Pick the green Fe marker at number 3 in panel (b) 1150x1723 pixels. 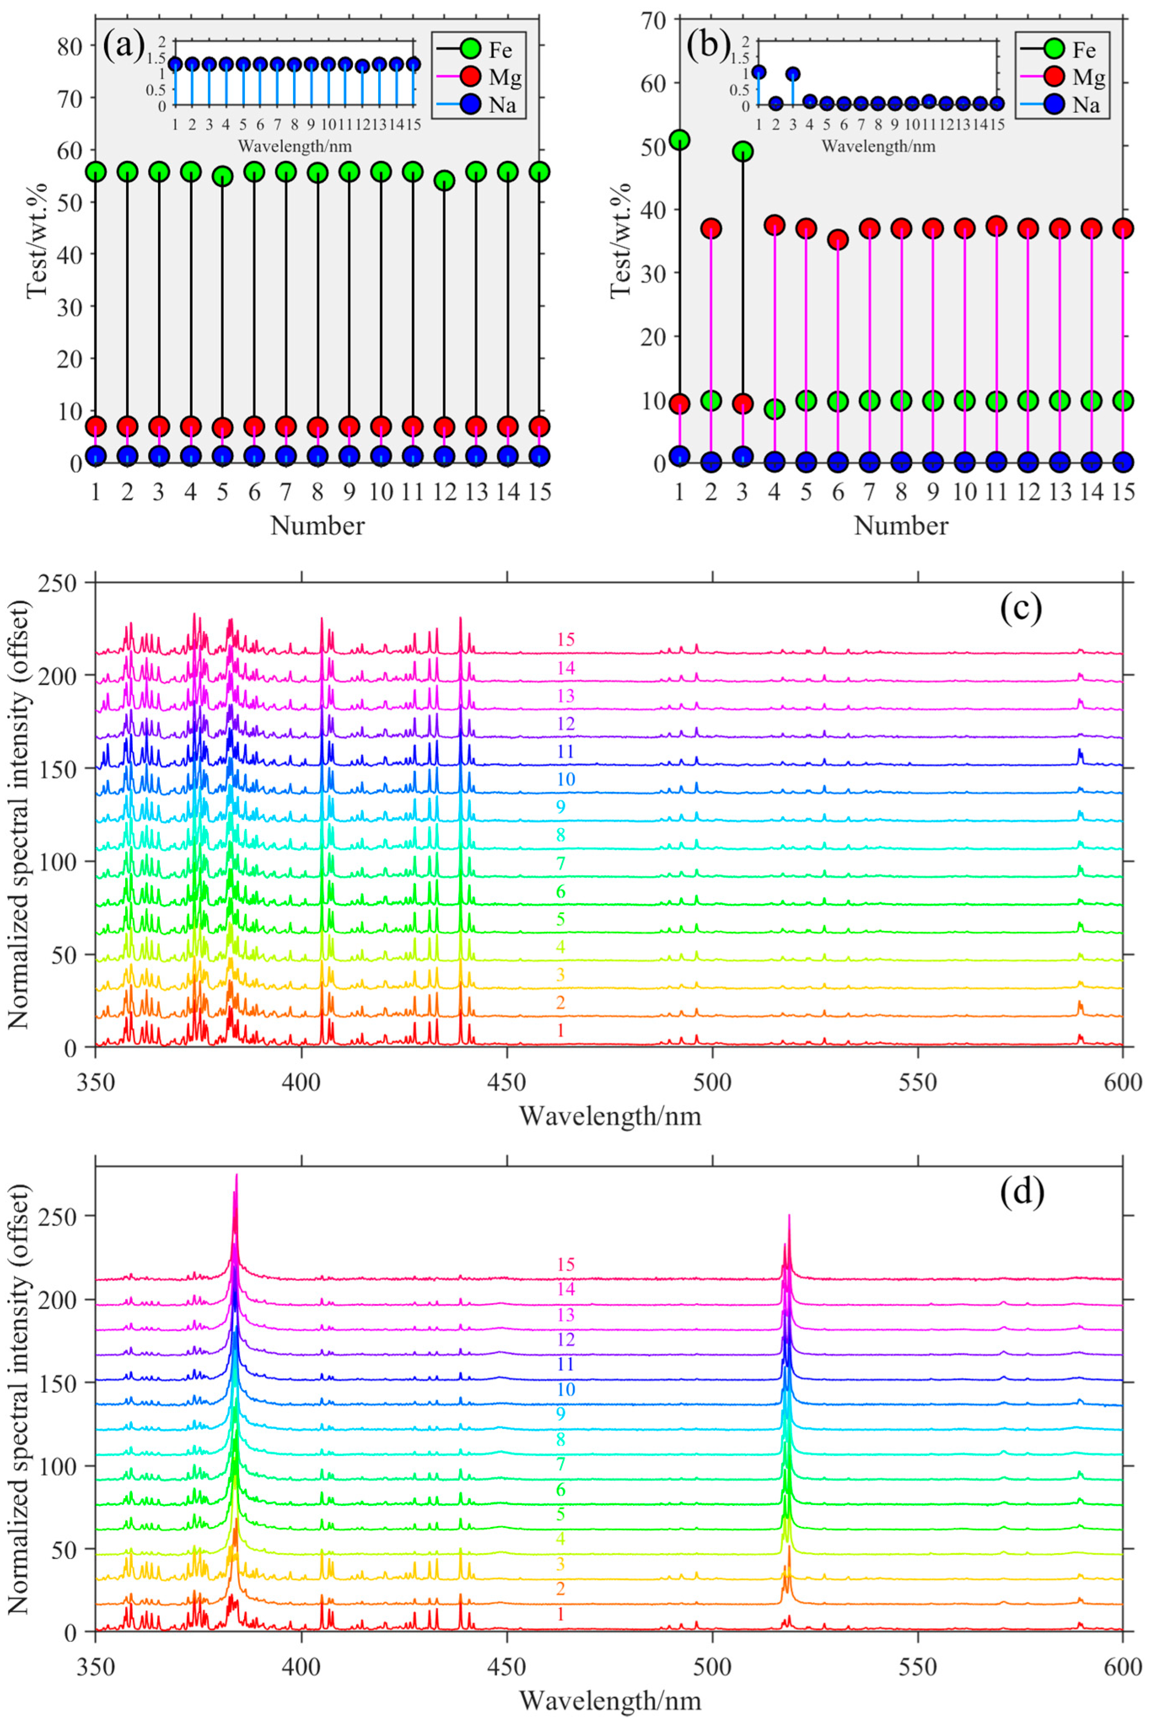pos(742,151)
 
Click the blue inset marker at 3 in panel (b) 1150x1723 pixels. pos(793,74)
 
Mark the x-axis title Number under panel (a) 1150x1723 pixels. pos(317,525)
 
